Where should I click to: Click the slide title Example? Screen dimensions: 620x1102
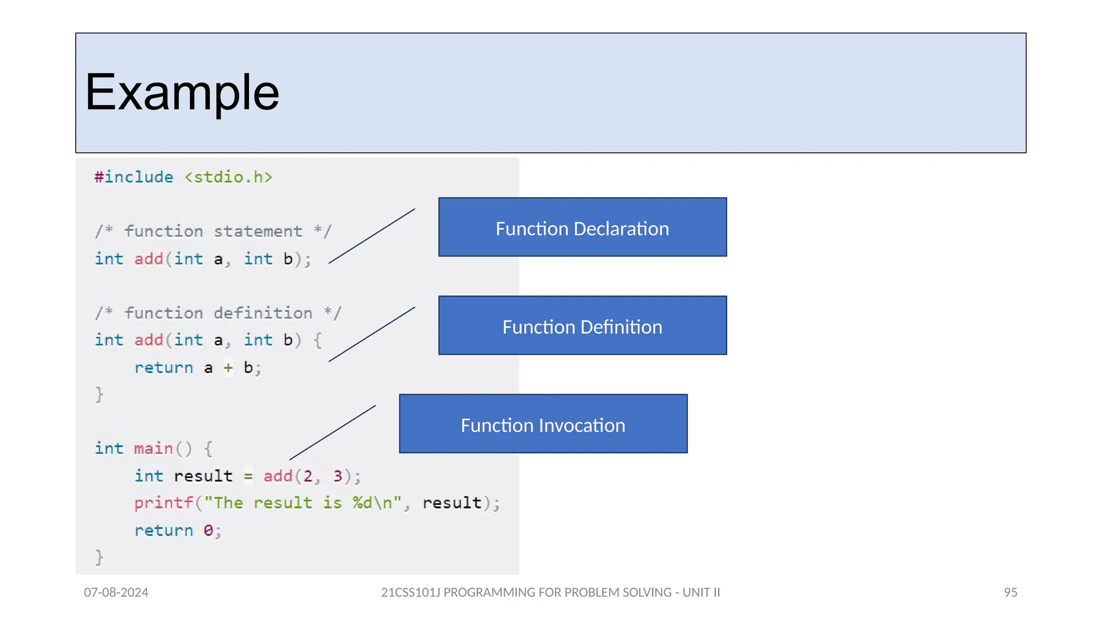182,93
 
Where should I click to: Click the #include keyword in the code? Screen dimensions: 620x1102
134,177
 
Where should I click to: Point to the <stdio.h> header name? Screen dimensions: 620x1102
228,177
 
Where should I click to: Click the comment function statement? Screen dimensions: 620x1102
213,231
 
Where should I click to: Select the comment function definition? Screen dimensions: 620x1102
218,313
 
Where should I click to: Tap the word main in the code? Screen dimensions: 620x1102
153,448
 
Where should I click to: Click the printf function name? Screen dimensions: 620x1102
164,503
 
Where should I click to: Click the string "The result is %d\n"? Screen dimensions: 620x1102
303,503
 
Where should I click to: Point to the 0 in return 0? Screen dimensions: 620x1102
208,531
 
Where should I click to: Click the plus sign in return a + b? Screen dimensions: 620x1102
228,368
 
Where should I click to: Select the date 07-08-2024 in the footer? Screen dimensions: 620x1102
116,593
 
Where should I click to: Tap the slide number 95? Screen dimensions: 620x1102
1011,593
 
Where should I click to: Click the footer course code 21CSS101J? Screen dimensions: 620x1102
410,593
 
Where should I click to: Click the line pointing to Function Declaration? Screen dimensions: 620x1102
372,236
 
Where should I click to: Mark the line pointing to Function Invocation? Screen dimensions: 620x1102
333,433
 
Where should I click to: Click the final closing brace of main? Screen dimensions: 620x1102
100,557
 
